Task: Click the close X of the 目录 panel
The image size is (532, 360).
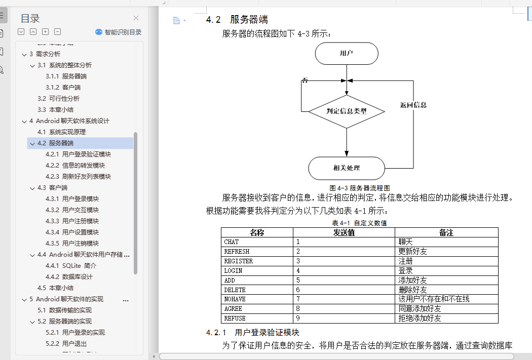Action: click(x=136, y=18)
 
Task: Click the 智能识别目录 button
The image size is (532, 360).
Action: click(x=119, y=32)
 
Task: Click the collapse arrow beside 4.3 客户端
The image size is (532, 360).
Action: click(x=32, y=188)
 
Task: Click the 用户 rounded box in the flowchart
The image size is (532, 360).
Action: click(x=347, y=53)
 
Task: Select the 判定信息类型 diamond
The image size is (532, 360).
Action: click(x=347, y=111)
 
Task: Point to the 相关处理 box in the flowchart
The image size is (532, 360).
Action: click(x=347, y=168)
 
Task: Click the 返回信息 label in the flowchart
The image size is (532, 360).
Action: click(x=413, y=105)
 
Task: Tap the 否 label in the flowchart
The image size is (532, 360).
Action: click(x=305, y=80)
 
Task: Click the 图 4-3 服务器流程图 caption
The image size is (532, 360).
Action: click(x=359, y=188)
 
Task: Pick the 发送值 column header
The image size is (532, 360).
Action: click(x=344, y=232)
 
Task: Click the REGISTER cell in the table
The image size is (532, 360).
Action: click(x=239, y=261)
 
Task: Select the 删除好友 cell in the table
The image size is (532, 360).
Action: click(x=412, y=290)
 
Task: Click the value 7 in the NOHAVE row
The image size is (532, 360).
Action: click(x=298, y=299)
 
